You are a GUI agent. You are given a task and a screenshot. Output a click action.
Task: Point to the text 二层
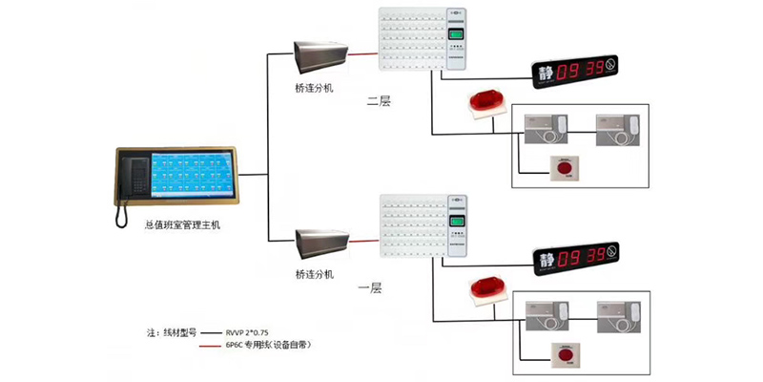click(379, 100)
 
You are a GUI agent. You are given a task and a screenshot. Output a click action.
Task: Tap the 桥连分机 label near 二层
click(315, 87)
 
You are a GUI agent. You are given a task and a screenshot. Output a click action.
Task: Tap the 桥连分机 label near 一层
click(315, 275)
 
